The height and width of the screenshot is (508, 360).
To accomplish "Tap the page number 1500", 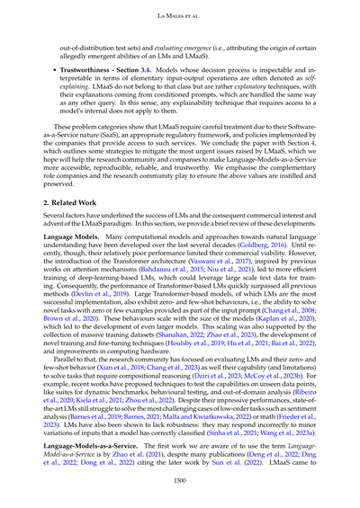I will click(x=180, y=481).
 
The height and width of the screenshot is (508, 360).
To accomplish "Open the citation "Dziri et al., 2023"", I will click(x=208, y=402).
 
